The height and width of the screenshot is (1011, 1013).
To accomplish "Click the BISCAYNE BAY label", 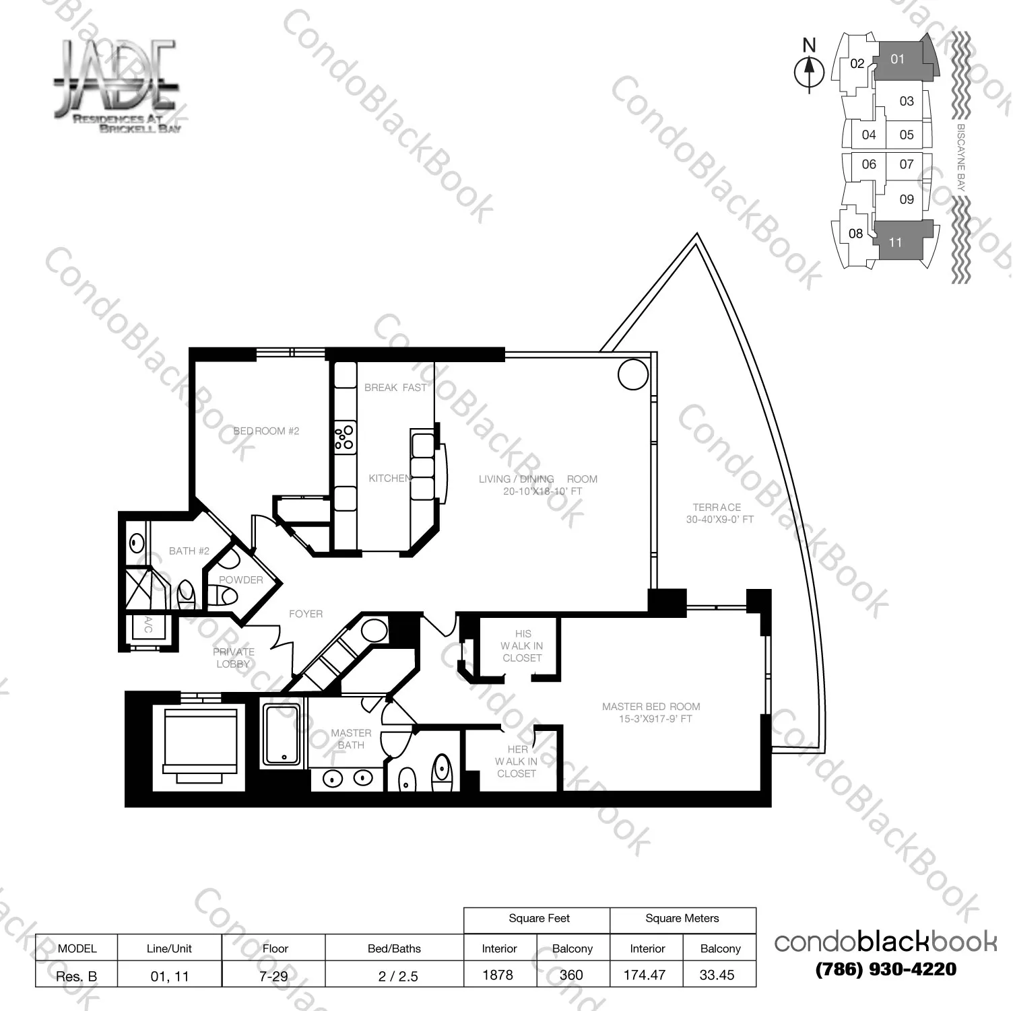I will click(961, 158).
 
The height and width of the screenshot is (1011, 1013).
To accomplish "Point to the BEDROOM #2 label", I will click(266, 431).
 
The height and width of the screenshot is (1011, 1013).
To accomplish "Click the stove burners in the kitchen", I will click(345, 436).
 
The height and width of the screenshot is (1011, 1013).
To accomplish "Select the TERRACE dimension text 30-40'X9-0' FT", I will click(719, 520).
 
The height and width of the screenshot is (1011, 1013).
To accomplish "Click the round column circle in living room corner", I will click(632, 374).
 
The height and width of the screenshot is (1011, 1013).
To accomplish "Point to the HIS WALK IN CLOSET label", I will click(522, 646).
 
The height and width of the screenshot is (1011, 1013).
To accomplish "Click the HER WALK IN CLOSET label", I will click(517, 761).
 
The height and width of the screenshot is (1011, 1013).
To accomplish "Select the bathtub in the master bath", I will click(282, 734).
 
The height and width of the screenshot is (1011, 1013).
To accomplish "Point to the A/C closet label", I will click(148, 625).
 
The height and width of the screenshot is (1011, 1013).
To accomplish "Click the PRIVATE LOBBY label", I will click(234, 658).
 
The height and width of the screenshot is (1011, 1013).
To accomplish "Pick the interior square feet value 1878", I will click(498, 975).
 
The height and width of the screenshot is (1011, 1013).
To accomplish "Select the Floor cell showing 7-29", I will click(273, 975).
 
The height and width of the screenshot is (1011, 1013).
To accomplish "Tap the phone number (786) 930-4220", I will click(886, 969).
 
